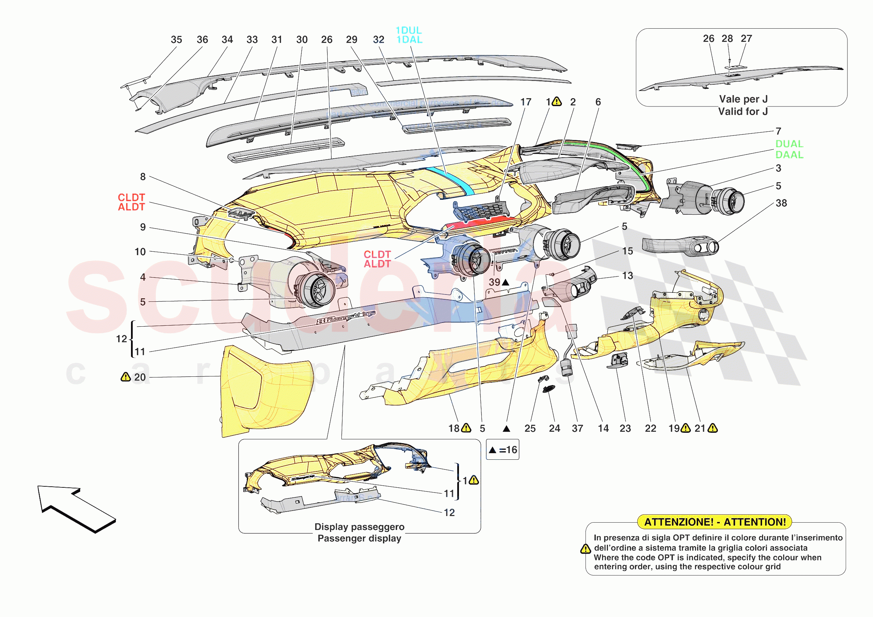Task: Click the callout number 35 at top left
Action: [x=176, y=39]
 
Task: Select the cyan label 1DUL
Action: [x=409, y=30]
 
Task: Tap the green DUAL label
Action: [x=789, y=144]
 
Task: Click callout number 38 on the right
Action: [x=781, y=203]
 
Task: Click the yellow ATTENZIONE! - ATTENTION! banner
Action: [x=714, y=522]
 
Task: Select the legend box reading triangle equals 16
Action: [x=502, y=450]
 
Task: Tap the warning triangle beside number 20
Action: [x=125, y=377]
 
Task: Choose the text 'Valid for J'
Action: [x=743, y=111]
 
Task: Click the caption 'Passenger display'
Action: [x=359, y=538]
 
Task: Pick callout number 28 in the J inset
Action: [x=727, y=38]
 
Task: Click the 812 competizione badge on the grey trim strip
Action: [x=346, y=317]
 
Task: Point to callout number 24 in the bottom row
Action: [x=554, y=428]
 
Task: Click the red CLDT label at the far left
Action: [x=131, y=197]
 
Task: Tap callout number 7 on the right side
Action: [x=778, y=131]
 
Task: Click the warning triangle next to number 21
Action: [x=713, y=428]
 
